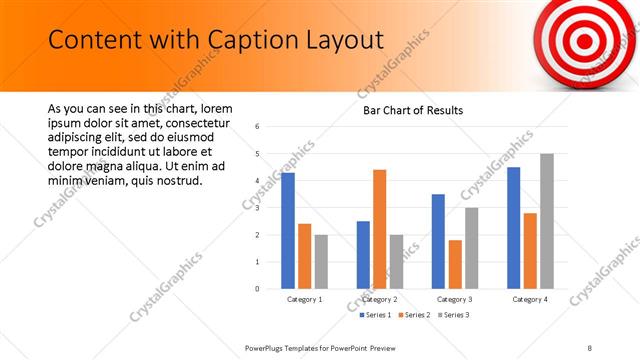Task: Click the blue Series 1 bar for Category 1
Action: pos(288,231)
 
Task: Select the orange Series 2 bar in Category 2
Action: pos(380,229)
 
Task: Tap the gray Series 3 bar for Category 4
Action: pos(546,221)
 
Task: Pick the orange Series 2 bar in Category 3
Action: pos(455,264)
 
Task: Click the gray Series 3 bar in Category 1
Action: pos(321,262)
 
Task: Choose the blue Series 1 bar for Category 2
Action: pos(363,255)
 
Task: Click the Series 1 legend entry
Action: pos(379,315)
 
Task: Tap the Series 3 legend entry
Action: pos(454,315)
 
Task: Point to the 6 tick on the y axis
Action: pos(258,127)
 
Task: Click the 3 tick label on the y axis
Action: pos(258,208)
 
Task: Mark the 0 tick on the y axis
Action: pos(258,289)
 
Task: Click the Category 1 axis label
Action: pos(304,299)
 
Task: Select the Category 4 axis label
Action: pos(529,299)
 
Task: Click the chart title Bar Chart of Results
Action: pos(412,110)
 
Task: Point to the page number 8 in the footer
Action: pos(589,347)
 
